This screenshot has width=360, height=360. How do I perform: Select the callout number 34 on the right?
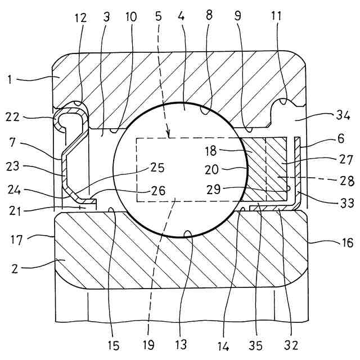click(x=343, y=116)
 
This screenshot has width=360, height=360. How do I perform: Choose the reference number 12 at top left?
click(x=80, y=17)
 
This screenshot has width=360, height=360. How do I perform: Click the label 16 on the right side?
click(x=347, y=243)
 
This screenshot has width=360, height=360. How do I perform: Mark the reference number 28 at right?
click(x=345, y=181)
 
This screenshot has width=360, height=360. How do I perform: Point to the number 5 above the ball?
click(x=159, y=17)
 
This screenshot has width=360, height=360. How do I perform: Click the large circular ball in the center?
click(x=180, y=169)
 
